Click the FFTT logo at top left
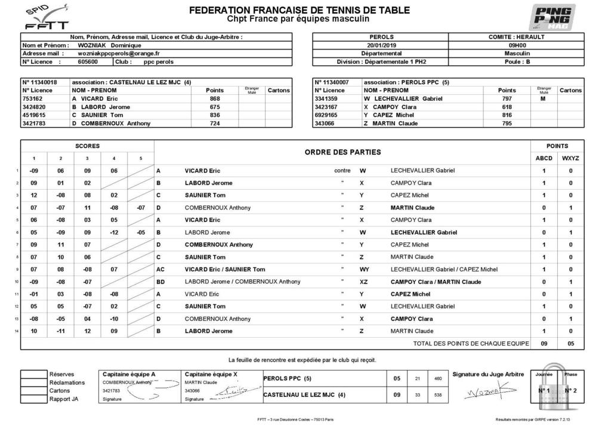tap(45, 18)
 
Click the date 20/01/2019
tap(381, 45)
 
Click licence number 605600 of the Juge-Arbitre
tap(88, 61)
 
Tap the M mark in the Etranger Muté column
tap(543, 98)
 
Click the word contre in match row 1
tap(342, 171)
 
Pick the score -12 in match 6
tap(114, 232)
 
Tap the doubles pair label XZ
tap(364, 282)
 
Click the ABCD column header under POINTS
tap(544, 158)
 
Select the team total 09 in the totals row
tap(544, 344)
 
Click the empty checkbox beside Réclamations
tap(33, 382)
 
